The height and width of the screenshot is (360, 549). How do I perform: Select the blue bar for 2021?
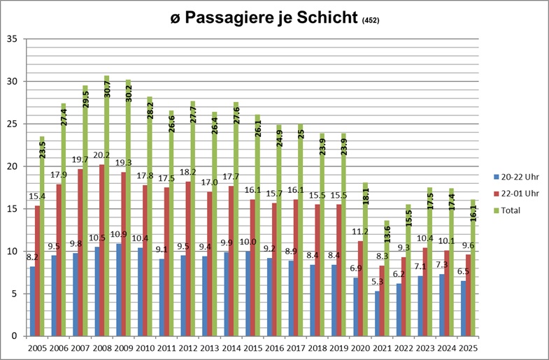pyautogui.click(x=378, y=314)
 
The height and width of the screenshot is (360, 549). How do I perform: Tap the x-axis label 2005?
pyautogui.click(x=37, y=347)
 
